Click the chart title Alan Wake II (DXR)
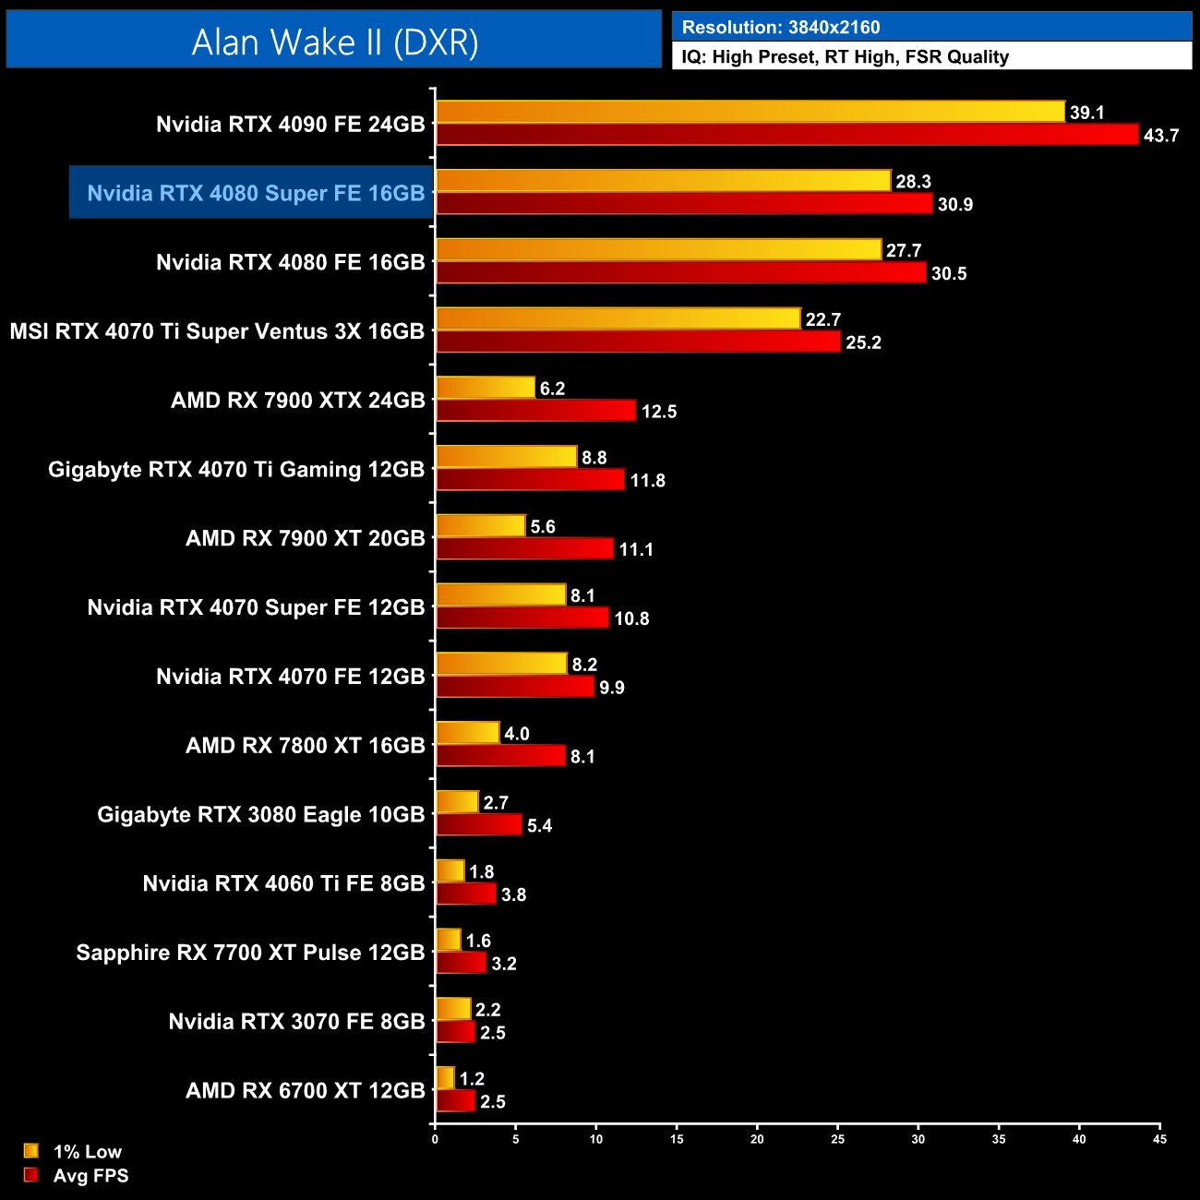(x=334, y=42)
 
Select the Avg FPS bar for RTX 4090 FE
(x=787, y=135)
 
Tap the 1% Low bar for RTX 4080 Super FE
(x=663, y=181)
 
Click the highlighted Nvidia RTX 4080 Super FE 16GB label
(x=256, y=193)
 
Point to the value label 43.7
(x=1160, y=136)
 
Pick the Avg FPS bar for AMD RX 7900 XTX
(x=535, y=411)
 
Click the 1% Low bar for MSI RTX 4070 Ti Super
(x=618, y=318)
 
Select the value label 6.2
(x=552, y=389)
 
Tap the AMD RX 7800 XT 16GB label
(x=305, y=745)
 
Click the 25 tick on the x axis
(x=837, y=1139)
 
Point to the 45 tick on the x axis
(x=1159, y=1139)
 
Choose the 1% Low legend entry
(x=87, y=1151)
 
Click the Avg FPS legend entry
(x=90, y=1175)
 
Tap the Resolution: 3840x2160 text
(x=781, y=28)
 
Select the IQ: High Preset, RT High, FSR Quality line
(x=845, y=57)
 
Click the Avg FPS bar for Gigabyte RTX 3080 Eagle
(x=479, y=825)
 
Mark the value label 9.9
(x=611, y=688)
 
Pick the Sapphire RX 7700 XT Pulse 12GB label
(x=250, y=953)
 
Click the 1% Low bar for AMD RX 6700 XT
(x=445, y=1078)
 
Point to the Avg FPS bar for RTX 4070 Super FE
(x=522, y=618)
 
